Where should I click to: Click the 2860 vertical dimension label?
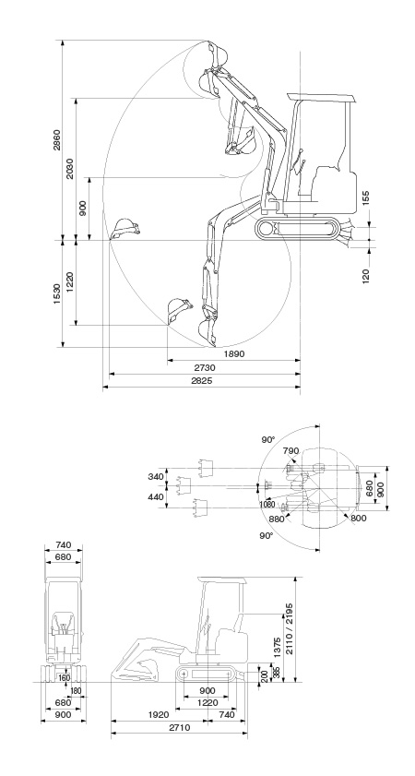tap(57, 139)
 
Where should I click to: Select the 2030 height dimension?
tap(70, 168)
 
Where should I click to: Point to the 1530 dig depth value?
tap(57, 293)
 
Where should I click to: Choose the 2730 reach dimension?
tap(205, 368)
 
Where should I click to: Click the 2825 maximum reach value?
tap(202, 380)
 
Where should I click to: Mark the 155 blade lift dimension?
tap(365, 197)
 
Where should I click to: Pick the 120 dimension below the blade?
tap(366, 276)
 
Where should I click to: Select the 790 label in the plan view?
tap(290, 451)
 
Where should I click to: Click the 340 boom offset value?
tap(156, 477)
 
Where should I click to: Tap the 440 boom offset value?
tap(156, 496)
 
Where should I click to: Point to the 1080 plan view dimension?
tap(267, 505)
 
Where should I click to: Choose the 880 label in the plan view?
tap(277, 519)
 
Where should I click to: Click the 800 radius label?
tap(358, 518)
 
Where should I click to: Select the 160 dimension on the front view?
tap(64, 677)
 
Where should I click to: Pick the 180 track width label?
tap(76, 691)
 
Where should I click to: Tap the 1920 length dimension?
tap(159, 714)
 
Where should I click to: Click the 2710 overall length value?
tap(179, 728)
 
